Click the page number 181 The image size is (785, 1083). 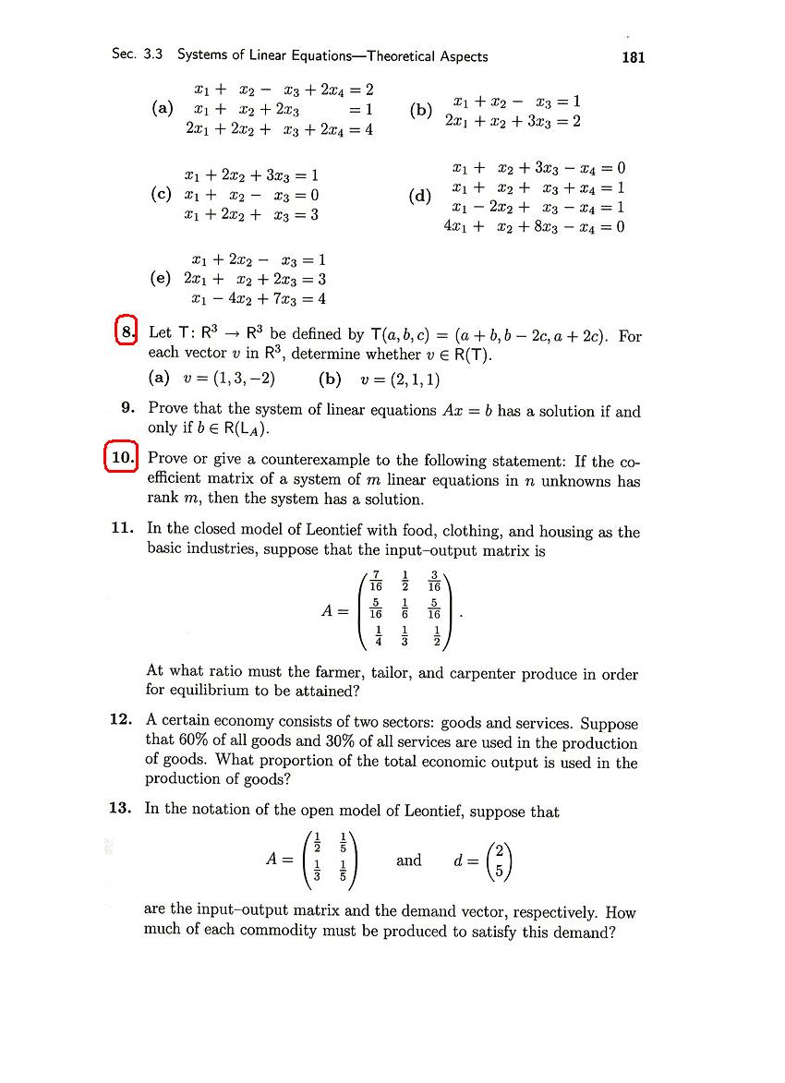(x=634, y=57)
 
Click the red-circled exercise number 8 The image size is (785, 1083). (x=127, y=331)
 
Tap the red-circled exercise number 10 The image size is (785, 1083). (x=122, y=458)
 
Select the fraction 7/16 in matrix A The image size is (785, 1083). (x=376, y=582)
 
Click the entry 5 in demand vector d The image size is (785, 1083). (x=499, y=870)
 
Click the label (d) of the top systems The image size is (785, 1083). (x=419, y=197)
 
